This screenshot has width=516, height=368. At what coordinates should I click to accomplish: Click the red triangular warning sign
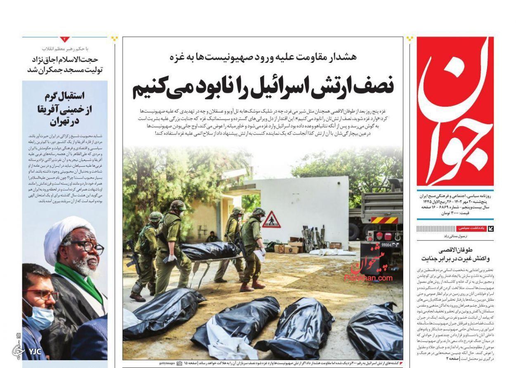(271, 220)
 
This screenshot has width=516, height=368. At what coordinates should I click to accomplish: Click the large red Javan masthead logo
(455, 111)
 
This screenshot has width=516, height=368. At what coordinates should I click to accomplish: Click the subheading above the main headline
(263, 57)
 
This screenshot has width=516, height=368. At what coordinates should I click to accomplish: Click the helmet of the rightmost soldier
(258, 212)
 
